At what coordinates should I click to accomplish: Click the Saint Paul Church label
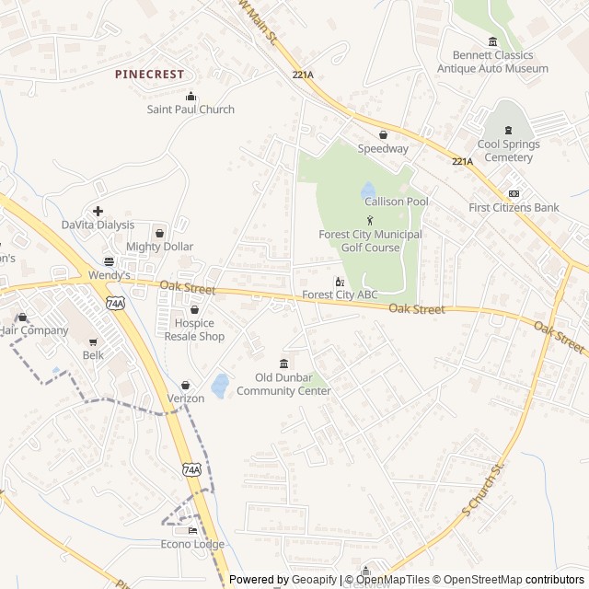pyautogui.click(x=191, y=110)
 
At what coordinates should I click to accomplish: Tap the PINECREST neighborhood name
pyautogui.click(x=150, y=74)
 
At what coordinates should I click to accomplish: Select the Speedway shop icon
pyautogui.click(x=383, y=134)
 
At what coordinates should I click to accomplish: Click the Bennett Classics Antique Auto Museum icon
pyautogui.click(x=492, y=41)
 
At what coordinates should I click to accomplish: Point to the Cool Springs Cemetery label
pyautogui.click(x=508, y=151)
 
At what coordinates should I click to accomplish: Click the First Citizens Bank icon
pyautogui.click(x=514, y=193)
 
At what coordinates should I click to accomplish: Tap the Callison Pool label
pyautogui.click(x=396, y=202)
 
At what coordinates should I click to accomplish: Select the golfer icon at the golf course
pyautogui.click(x=370, y=219)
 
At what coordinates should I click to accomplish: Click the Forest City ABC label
pyautogui.click(x=340, y=295)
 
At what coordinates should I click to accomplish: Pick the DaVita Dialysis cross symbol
pyautogui.click(x=98, y=212)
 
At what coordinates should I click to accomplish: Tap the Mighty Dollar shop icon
pyautogui.click(x=159, y=233)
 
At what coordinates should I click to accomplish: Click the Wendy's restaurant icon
pyautogui.click(x=109, y=261)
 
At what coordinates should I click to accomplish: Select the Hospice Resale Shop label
pyautogui.click(x=194, y=329)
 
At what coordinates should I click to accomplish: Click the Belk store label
pyautogui.click(x=93, y=355)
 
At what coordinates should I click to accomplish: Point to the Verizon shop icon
pyautogui.click(x=186, y=385)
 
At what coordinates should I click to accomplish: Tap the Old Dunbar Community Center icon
pyautogui.click(x=283, y=363)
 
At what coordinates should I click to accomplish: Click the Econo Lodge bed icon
pyautogui.click(x=192, y=531)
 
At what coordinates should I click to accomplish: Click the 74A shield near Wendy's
pyautogui.click(x=115, y=303)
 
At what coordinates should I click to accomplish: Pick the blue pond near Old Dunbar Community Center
pyautogui.click(x=220, y=386)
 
